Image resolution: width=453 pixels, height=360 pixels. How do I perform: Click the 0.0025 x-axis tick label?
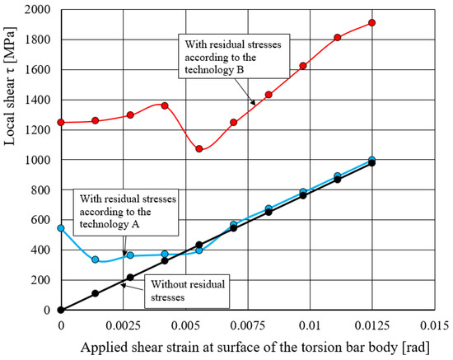click(123, 325)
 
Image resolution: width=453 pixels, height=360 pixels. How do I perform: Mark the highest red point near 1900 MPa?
click(372, 22)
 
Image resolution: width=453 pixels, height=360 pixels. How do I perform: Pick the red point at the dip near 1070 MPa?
click(199, 148)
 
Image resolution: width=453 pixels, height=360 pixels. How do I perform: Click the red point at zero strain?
click(61, 122)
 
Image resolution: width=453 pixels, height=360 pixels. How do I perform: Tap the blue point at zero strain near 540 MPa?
click(61, 228)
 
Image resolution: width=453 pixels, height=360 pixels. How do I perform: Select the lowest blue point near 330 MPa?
click(96, 259)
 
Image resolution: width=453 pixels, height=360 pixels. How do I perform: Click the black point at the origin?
click(61, 310)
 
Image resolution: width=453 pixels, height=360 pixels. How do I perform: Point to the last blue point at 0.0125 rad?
click(372, 160)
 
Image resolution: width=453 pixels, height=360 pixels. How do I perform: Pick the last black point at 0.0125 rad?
click(372, 163)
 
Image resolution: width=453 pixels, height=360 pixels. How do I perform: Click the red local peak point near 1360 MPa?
click(165, 105)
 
